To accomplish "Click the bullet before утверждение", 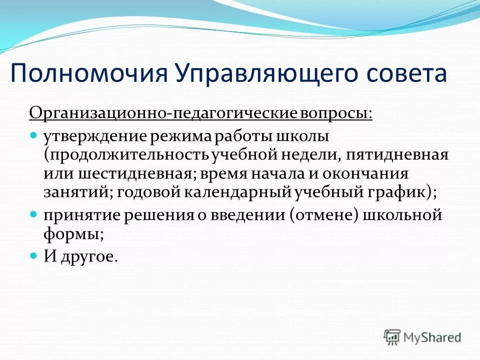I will point(34,135).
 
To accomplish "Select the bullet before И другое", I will point(34,255).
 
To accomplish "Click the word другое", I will point(91,256).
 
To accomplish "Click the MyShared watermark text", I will point(432,337).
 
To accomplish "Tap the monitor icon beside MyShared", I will point(392,336).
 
